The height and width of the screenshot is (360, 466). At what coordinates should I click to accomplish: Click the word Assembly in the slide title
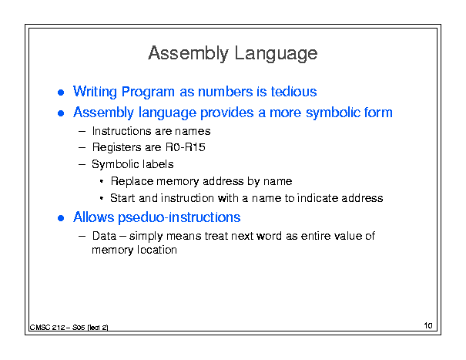(188, 54)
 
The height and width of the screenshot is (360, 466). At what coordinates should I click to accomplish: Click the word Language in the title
(276, 54)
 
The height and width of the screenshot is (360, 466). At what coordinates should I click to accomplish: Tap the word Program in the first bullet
(148, 93)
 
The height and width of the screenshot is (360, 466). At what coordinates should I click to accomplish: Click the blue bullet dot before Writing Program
(61, 93)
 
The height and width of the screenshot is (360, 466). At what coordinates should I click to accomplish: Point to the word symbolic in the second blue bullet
(330, 113)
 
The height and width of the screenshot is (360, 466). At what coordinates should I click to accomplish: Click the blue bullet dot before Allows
(61, 218)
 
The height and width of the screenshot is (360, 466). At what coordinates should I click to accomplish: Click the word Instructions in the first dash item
(122, 131)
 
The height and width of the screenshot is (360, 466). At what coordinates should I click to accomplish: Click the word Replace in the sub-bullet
(132, 181)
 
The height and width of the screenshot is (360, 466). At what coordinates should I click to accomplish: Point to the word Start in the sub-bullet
(122, 198)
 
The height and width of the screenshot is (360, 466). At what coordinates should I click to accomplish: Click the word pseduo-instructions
(179, 218)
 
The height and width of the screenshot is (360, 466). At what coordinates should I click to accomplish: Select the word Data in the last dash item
(104, 236)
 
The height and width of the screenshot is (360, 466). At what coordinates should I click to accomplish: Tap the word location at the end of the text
(157, 250)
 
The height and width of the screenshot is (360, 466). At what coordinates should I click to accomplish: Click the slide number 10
(428, 325)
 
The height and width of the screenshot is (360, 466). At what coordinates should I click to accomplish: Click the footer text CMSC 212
(47, 328)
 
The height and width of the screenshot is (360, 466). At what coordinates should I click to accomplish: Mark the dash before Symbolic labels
(82, 164)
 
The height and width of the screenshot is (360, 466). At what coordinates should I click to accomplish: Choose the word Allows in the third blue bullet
(94, 217)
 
